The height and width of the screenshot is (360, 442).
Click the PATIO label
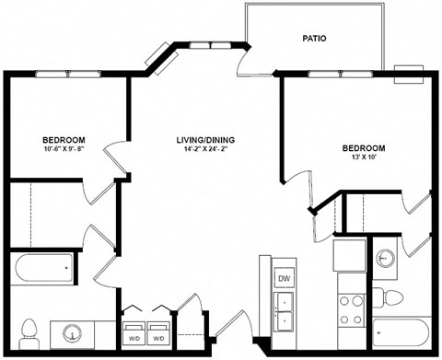315,39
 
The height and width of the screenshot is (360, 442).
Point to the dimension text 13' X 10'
363,157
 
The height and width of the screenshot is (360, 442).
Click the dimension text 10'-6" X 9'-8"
63,150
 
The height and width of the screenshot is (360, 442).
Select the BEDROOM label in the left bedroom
63,140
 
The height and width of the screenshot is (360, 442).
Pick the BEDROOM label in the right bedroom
363,147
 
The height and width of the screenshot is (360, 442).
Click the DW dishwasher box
284,278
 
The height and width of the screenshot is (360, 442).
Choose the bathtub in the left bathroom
43,269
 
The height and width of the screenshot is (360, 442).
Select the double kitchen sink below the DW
285,311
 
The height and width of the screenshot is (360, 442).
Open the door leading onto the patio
244,61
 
